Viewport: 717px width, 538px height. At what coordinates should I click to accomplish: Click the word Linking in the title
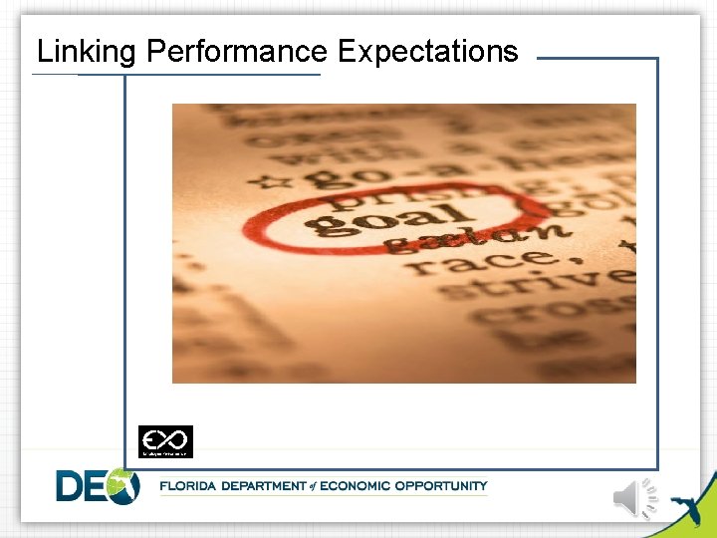pos(85,51)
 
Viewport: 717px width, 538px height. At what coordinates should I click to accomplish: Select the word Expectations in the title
pos(428,51)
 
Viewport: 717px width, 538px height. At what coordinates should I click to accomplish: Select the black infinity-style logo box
pos(165,440)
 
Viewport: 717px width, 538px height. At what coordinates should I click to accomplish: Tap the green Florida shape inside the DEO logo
pos(123,485)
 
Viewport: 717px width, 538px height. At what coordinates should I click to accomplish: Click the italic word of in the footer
pos(311,486)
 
